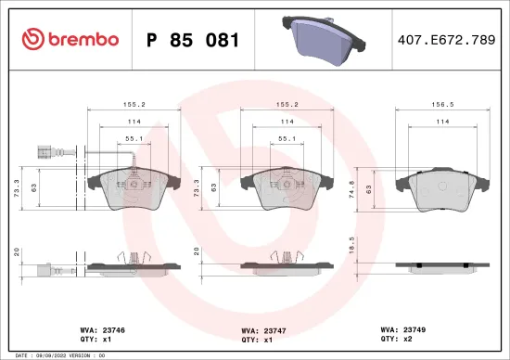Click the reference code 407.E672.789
click(x=444, y=40)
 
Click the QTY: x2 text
click(x=397, y=339)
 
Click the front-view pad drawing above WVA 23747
click(x=282, y=192)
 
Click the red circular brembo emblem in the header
click(x=34, y=39)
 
